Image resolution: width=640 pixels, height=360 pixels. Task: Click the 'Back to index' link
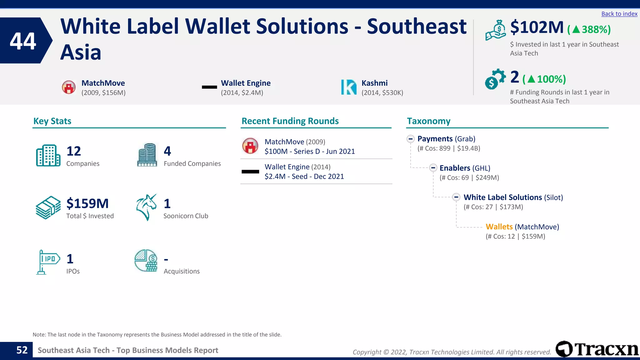[619, 14]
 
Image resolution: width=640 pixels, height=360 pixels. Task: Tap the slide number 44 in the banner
[23, 41]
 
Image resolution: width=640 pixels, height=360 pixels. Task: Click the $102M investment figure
[537, 27]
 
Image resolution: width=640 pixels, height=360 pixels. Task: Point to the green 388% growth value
[596, 29]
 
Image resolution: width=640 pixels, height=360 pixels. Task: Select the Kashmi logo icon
[349, 87]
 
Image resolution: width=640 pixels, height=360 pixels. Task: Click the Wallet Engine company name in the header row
[246, 83]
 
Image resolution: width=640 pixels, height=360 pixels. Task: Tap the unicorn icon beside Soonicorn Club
[146, 207]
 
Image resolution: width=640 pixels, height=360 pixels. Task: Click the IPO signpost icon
[48, 262]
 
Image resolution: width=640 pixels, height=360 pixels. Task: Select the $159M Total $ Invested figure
[87, 204]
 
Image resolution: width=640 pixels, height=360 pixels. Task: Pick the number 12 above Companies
[74, 151]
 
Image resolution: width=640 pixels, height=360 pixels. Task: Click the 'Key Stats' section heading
[52, 121]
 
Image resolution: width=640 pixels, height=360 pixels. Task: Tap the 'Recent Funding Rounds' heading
[290, 121]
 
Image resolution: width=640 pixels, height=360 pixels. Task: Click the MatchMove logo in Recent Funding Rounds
[250, 146]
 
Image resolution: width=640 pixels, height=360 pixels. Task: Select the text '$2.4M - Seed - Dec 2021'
[304, 177]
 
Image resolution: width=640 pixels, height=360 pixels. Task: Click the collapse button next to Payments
[411, 139]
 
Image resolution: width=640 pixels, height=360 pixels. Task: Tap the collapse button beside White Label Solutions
[456, 197]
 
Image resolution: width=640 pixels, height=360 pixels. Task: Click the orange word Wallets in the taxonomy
[499, 227]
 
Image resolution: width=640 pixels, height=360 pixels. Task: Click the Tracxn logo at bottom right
[597, 349]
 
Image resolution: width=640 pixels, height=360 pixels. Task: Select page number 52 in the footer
[22, 350]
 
